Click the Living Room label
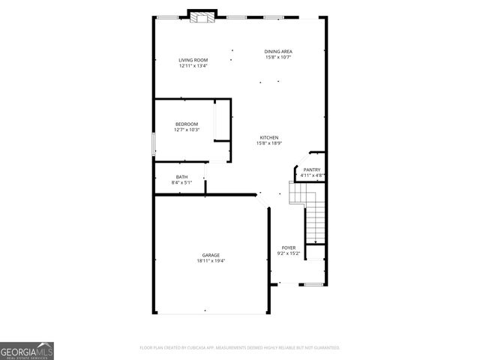(193, 60)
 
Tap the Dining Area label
(278, 51)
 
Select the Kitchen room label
(269, 137)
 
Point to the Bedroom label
(187, 124)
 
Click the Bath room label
(182, 176)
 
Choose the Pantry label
(312, 170)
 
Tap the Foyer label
(289, 247)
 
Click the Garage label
(211, 255)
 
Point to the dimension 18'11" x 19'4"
(211, 261)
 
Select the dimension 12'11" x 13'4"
(193, 66)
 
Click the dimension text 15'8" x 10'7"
(278, 57)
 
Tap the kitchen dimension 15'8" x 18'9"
(269, 143)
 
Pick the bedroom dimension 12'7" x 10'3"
(187, 130)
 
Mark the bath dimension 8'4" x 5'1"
(182, 182)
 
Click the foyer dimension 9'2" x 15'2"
(289, 253)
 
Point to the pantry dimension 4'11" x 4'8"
(312, 176)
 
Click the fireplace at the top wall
(201, 16)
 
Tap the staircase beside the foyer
(316, 217)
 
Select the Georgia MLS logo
(27, 351)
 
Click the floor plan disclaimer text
(240, 348)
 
